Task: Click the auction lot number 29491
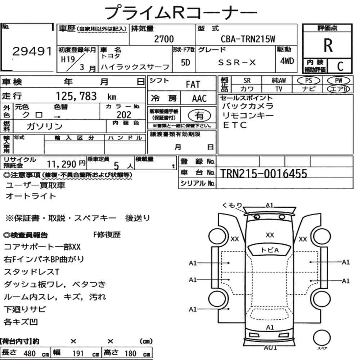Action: click(32, 51)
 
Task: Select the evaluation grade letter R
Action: click(328, 45)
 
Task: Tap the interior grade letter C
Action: click(340, 66)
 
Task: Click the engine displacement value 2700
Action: click(164, 39)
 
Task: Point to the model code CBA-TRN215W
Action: click(248, 39)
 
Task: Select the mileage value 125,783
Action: click(76, 96)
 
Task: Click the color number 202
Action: click(124, 115)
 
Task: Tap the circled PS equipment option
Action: click(309, 81)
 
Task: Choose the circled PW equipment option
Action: click(338, 81)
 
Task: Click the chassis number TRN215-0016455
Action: click(264, 174)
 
